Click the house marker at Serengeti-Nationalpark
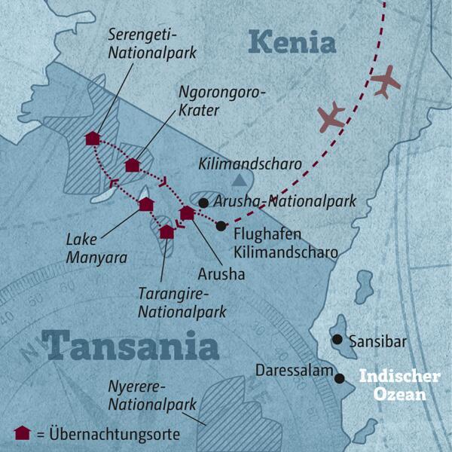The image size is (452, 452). (93, 138)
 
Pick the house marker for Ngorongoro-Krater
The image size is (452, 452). (133, 165)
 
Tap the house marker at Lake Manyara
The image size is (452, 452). (146, 204)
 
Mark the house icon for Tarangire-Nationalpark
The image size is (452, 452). (166, 231)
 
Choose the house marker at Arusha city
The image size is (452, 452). (187, 213)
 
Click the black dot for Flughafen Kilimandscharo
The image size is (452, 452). (220, 226)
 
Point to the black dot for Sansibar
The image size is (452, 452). (337, 340)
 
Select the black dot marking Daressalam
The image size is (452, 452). (340, 379)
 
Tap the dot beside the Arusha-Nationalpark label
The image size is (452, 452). (203, 202)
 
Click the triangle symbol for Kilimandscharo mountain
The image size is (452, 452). (239, 180)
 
